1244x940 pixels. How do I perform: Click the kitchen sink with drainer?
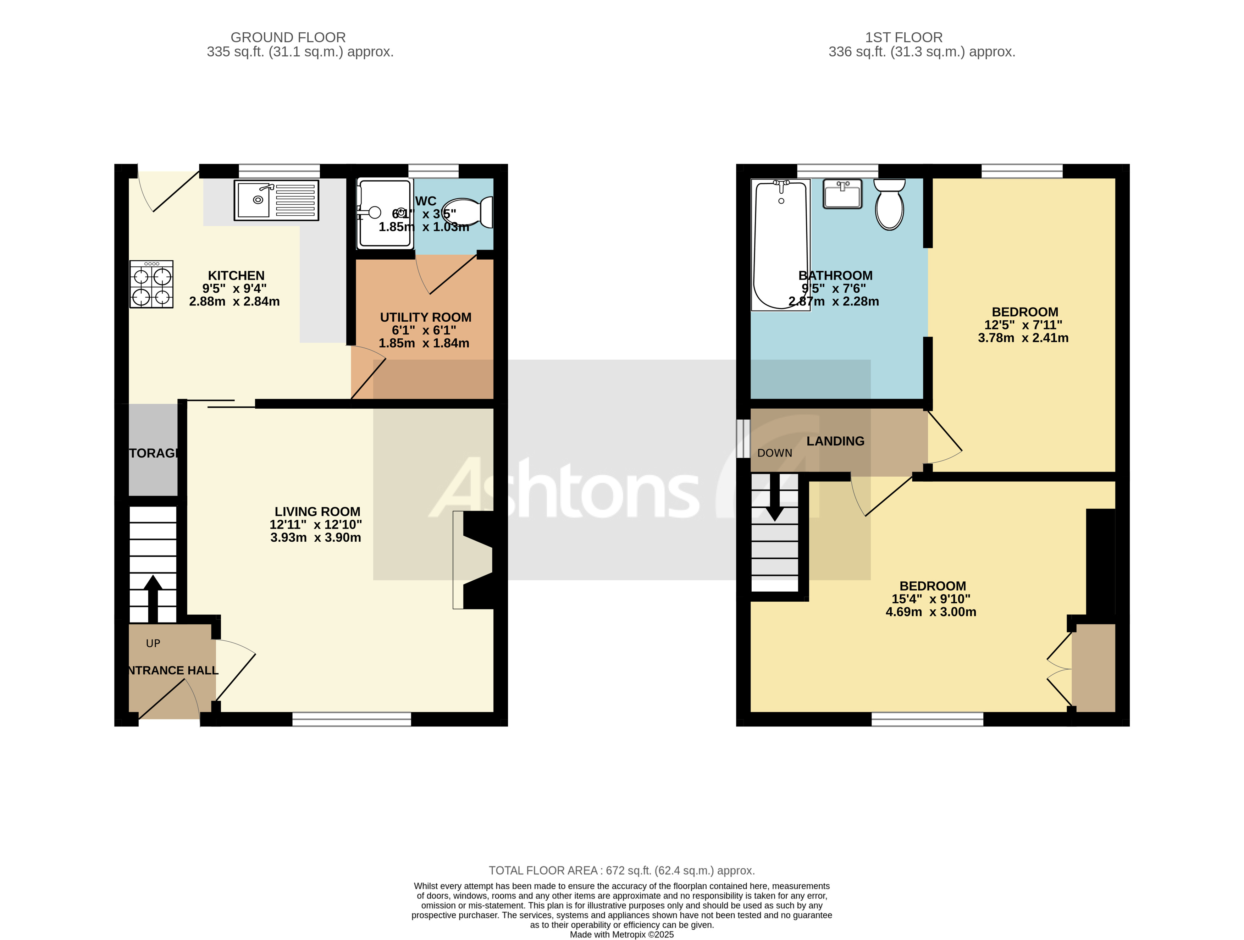click(x=276, y=200)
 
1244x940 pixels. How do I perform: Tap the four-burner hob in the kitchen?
click(x=151, y=284)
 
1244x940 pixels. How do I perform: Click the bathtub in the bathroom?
click(x=781, y=245)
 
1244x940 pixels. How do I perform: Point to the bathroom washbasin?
click(x=842, y=194)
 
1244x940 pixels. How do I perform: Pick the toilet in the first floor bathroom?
click(x=889, y=205)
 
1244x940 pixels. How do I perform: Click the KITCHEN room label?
click(x=236, y=276)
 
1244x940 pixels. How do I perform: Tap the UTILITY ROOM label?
click(x=426, y=317)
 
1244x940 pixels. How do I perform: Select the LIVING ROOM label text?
click(x=317, y=512)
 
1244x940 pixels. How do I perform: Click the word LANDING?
click(x=835, y=441)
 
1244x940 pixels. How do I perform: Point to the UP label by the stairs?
click(x=153, y=643)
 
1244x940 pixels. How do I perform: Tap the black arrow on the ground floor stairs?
click(x=153, y=597)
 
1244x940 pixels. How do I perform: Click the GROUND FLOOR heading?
click(x=288, y=37)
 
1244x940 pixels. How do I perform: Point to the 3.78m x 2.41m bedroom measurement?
click(x=1023, y=338)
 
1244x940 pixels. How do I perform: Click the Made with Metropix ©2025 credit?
click(x=621, y=934)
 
